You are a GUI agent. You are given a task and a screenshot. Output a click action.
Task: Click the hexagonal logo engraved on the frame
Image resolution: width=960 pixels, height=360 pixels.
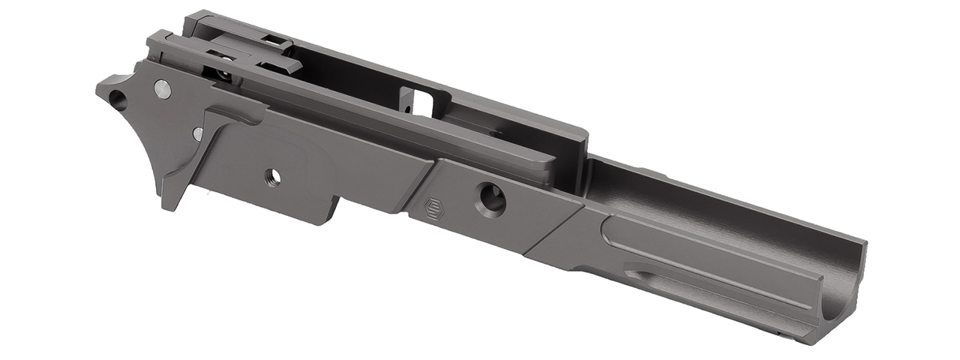click(x=434, y=208)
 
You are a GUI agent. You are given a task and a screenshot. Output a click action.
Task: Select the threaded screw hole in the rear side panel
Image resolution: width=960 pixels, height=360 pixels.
click(x=273, y=177)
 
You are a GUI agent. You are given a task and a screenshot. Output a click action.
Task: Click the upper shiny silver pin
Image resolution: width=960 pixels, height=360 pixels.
click(x=162, y=88)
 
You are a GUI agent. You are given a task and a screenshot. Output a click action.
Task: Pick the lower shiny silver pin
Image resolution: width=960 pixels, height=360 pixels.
click(x=198, y=134)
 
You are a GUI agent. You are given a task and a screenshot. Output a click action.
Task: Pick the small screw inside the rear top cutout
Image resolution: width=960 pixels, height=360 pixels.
click(x=223, y=75)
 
